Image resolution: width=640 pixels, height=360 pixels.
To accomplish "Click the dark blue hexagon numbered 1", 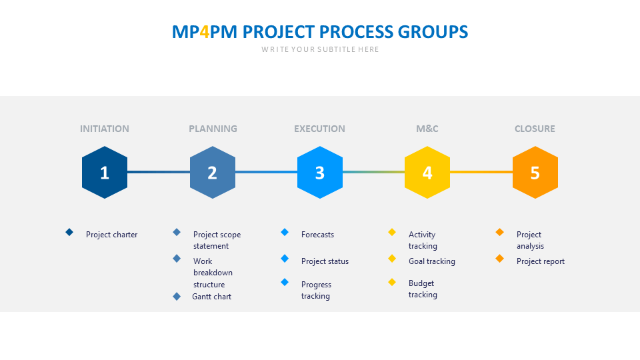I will tap(105, 173).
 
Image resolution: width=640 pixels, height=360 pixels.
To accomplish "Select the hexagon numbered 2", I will tap(213, 173).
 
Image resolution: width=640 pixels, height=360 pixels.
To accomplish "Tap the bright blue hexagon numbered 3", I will tap(320, 173).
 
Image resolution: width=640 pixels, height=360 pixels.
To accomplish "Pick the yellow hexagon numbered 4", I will tap(427, 173).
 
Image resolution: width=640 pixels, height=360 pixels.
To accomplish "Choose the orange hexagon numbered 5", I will tap(535, 173).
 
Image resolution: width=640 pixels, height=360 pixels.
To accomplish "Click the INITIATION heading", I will tap(105, 129).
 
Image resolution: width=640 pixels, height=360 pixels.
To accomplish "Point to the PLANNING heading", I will tap(213, 129).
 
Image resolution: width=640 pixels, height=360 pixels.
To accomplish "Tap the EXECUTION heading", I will tap(320, 129).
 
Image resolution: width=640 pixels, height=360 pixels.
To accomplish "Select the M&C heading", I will tap(427, 129).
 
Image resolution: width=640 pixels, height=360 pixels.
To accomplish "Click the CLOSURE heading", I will tap(535, 129).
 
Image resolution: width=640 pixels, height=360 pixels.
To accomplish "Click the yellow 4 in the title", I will tap(205, 32).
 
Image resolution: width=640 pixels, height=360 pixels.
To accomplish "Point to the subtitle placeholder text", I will tap(320, 49).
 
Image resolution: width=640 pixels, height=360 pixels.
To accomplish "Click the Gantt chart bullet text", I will tap(212, 297).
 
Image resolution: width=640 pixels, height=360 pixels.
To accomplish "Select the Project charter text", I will tap(112, 235).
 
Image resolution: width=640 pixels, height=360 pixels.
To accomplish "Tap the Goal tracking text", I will tap(432, 261).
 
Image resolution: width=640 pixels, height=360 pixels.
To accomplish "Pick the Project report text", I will tap(541, 261).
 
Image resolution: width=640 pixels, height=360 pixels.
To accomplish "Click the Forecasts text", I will tap(317, 235).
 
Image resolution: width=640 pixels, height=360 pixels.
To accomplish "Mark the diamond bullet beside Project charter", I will tap(69, 232).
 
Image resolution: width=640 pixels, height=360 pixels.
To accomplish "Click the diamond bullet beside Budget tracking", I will tap(392, 282).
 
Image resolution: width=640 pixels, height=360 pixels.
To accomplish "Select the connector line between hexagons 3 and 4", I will tap(373, 172).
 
